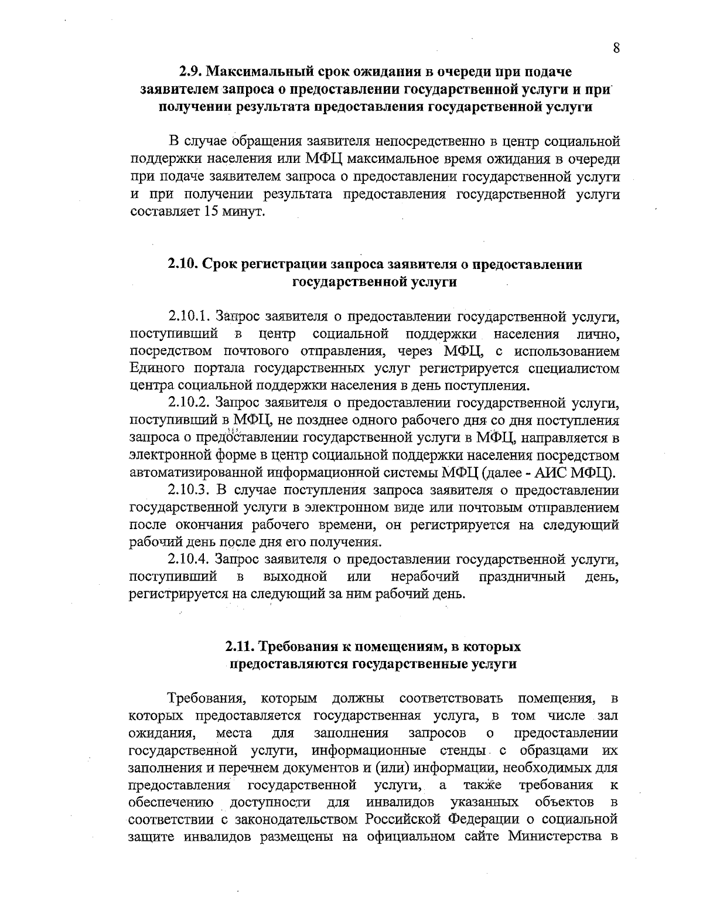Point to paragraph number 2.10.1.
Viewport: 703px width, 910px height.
(189, 317)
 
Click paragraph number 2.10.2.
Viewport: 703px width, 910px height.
(189, 403)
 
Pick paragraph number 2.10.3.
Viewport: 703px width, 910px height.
(189, 490)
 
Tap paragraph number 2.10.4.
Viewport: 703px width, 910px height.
(189, 559)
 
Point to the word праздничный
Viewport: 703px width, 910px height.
(522, 577)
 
